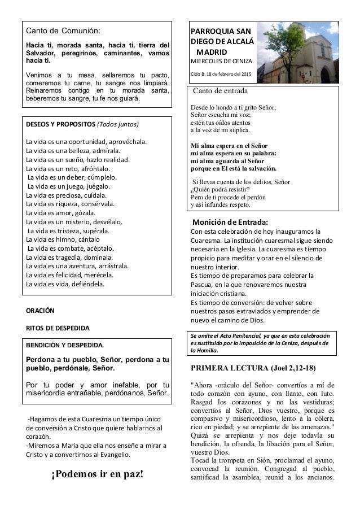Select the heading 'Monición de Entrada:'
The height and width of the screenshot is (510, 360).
231,221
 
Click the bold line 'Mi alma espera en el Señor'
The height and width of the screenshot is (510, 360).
232,144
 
